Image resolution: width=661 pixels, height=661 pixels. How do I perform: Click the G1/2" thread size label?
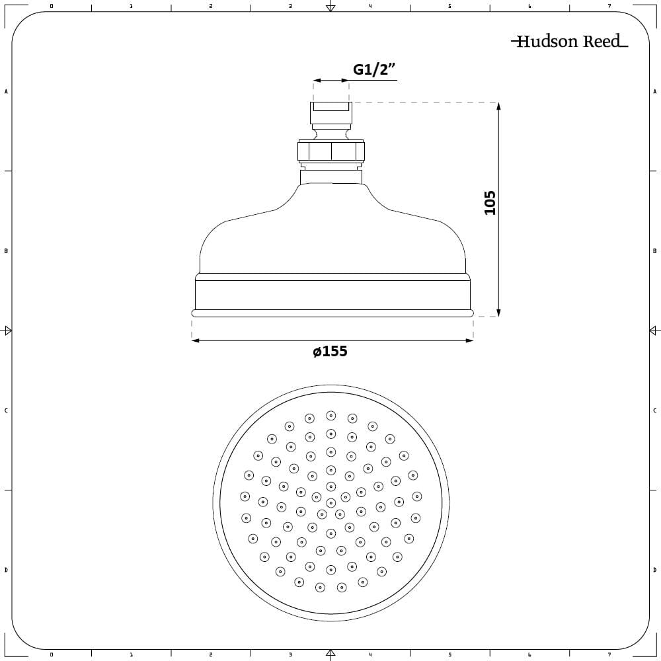374,70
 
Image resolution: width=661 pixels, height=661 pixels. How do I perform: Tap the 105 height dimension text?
489,202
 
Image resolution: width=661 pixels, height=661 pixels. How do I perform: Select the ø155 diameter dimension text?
330,352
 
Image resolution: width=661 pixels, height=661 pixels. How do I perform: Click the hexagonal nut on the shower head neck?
331,152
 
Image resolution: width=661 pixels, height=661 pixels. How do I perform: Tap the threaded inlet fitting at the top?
331,114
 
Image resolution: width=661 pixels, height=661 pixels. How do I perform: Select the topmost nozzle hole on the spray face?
330,416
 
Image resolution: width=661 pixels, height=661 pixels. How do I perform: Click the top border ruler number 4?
370,6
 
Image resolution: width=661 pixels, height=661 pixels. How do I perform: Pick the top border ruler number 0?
52,6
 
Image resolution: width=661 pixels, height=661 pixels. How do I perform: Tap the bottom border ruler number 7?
609,654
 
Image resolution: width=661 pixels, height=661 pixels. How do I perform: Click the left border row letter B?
6,251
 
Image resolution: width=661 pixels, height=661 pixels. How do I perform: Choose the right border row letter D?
654,570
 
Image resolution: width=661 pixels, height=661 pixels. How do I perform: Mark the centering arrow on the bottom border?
330,654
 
